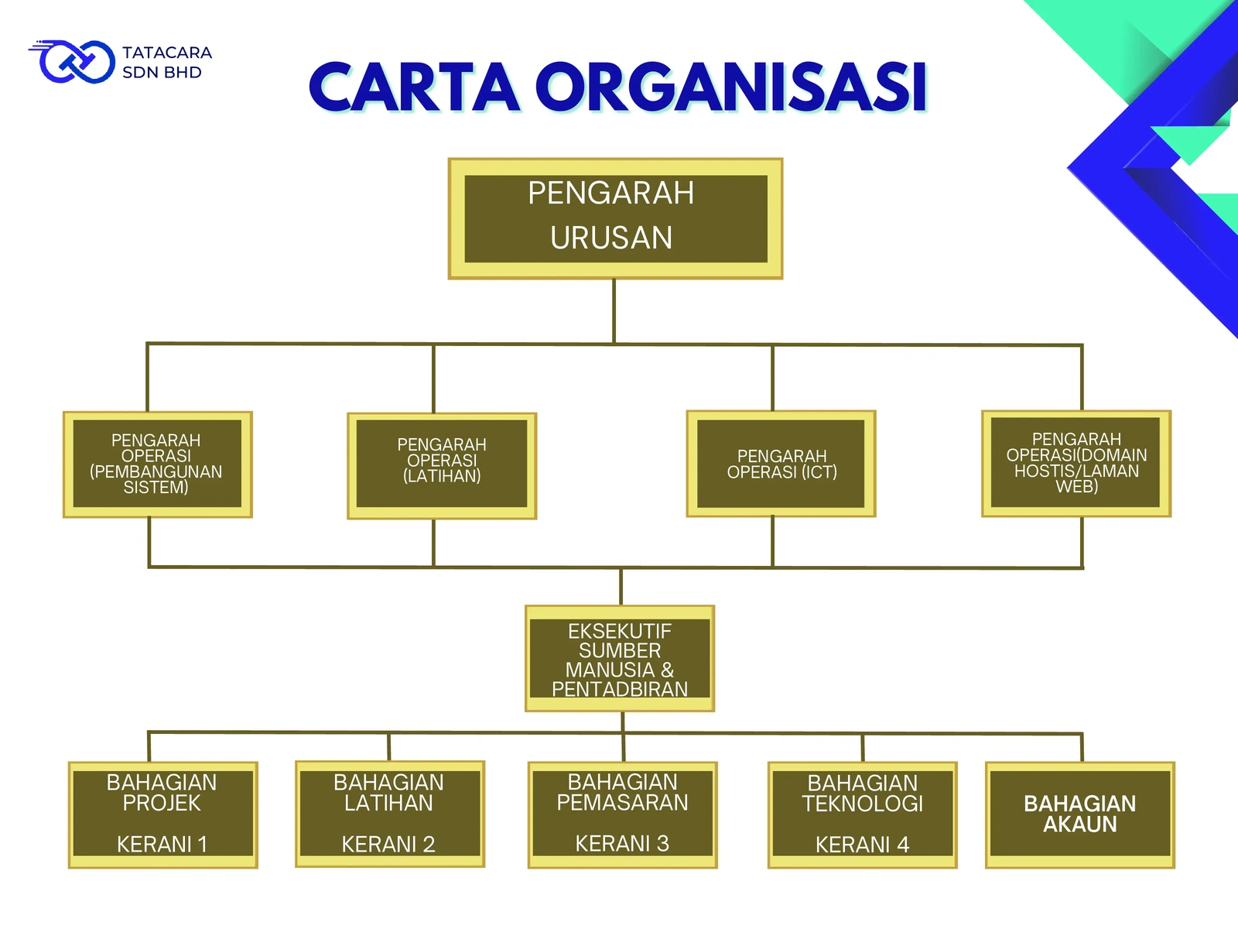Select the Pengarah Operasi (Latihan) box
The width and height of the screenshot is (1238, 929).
point(442,465)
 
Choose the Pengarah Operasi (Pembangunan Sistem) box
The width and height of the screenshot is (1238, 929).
point(157,464)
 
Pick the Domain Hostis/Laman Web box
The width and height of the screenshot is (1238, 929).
point(1076,464)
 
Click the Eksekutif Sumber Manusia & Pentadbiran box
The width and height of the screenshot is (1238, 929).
point(620,660)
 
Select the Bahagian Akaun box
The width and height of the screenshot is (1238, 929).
point(1080,814)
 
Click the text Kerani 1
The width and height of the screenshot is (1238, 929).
point(162,844)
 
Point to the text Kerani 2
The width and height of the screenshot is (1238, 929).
point(388,844)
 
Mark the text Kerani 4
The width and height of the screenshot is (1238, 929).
point(862,845)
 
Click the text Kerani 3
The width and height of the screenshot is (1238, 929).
point(622,843)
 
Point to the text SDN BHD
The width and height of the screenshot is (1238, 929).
point(162,73)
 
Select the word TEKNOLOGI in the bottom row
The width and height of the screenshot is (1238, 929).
point(862,804)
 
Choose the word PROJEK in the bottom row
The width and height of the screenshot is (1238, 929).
point(162,804)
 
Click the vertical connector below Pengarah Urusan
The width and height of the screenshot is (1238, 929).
point(614,310)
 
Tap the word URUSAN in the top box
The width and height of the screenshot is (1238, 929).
point(611,238)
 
